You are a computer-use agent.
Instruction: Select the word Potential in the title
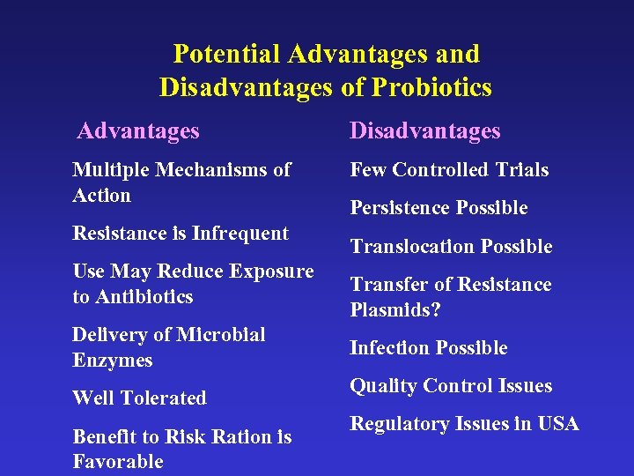point(225,54)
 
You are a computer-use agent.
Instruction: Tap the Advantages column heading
point(138,131)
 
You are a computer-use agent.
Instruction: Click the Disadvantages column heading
point(424,131)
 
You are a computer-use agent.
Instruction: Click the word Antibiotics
point(144,297)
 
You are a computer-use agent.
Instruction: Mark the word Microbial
point(221,335)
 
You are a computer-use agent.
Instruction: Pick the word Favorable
point(118,462)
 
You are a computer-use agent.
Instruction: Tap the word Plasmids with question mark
point(395,310)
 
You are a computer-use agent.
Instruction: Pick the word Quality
point(383,386)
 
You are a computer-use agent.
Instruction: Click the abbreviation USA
point(557,424)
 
